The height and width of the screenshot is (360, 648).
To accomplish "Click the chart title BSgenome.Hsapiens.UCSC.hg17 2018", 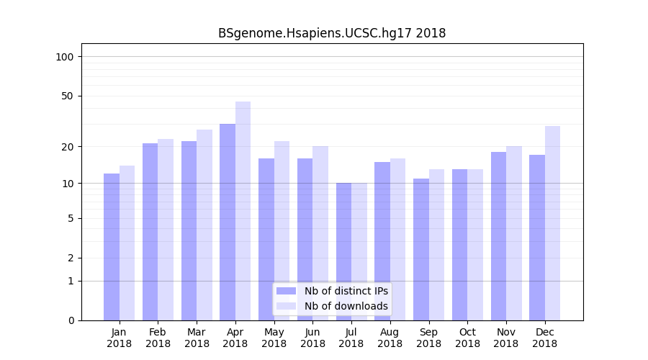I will tap(332, 33).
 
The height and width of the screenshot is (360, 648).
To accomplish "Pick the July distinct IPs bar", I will tap(343, 251).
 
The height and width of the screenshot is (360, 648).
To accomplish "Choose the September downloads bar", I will tap(436, 245).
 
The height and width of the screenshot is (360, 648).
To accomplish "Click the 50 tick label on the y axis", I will tap(68, 96).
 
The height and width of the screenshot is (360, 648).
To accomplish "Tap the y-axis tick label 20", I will tap(68, 147).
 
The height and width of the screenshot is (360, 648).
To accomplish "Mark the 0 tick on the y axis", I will tap(71, 320).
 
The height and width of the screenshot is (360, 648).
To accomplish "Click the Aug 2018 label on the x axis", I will tap(390, 338).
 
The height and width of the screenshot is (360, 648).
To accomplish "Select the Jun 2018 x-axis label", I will tap(312, 338).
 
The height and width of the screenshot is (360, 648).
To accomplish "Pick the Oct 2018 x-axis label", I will tap(467, 338).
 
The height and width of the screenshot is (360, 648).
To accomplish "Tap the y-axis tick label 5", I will tap(71, 218).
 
